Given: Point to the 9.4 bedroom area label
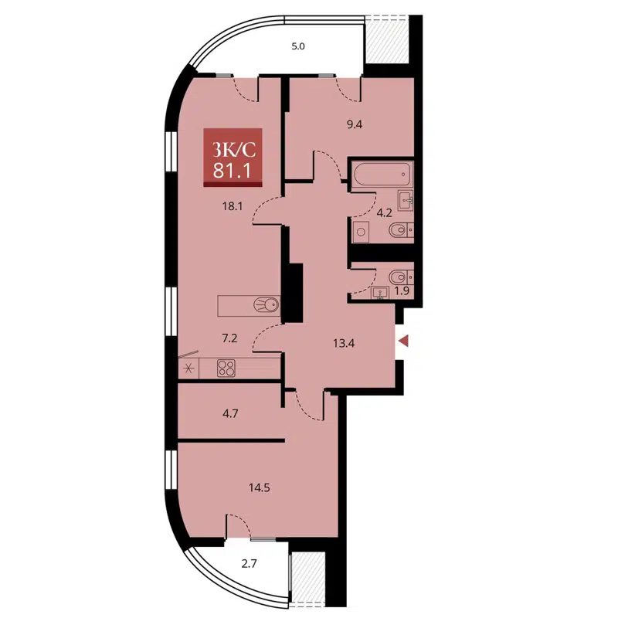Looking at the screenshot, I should point(355,124).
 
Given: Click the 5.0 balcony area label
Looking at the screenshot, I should point(298,46).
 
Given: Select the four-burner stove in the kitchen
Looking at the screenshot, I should point(226,368).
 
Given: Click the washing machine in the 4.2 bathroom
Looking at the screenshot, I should point(360,230).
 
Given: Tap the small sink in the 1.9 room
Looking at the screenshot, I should point(380,292).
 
